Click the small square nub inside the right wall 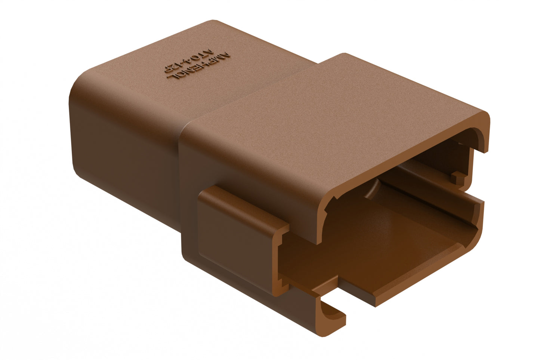(457, 176)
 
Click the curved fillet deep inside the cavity (374, 191)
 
